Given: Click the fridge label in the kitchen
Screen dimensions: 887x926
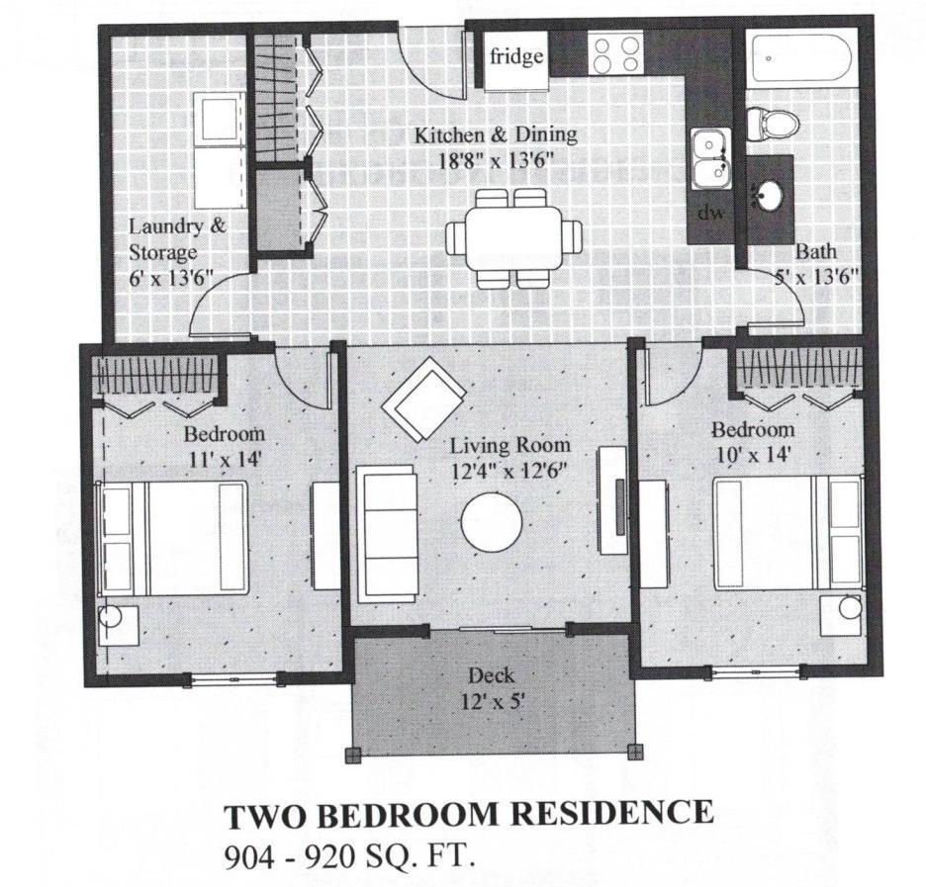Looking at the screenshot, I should pyautogui.click(x=516, y=56).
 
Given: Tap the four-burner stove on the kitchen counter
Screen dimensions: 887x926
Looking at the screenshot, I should pyautogui.click(x=614, y=53).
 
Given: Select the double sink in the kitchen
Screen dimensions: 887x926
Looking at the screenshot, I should pyautogui.click(x=708, y=159).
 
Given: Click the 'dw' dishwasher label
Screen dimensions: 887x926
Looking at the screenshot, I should pyautogui.click(x=709, y=212).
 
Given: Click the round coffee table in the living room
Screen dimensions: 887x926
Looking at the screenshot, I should pyautogui.click(x=493, y=521).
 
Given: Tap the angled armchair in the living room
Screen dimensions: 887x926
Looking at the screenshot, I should pyautogui.click(x=425, y=400).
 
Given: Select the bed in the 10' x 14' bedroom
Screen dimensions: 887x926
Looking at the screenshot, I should pyautogui.click(x=786, y=534).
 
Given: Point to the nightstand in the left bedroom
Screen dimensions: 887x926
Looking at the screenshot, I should pyautogui.click(x=118, y=624).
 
